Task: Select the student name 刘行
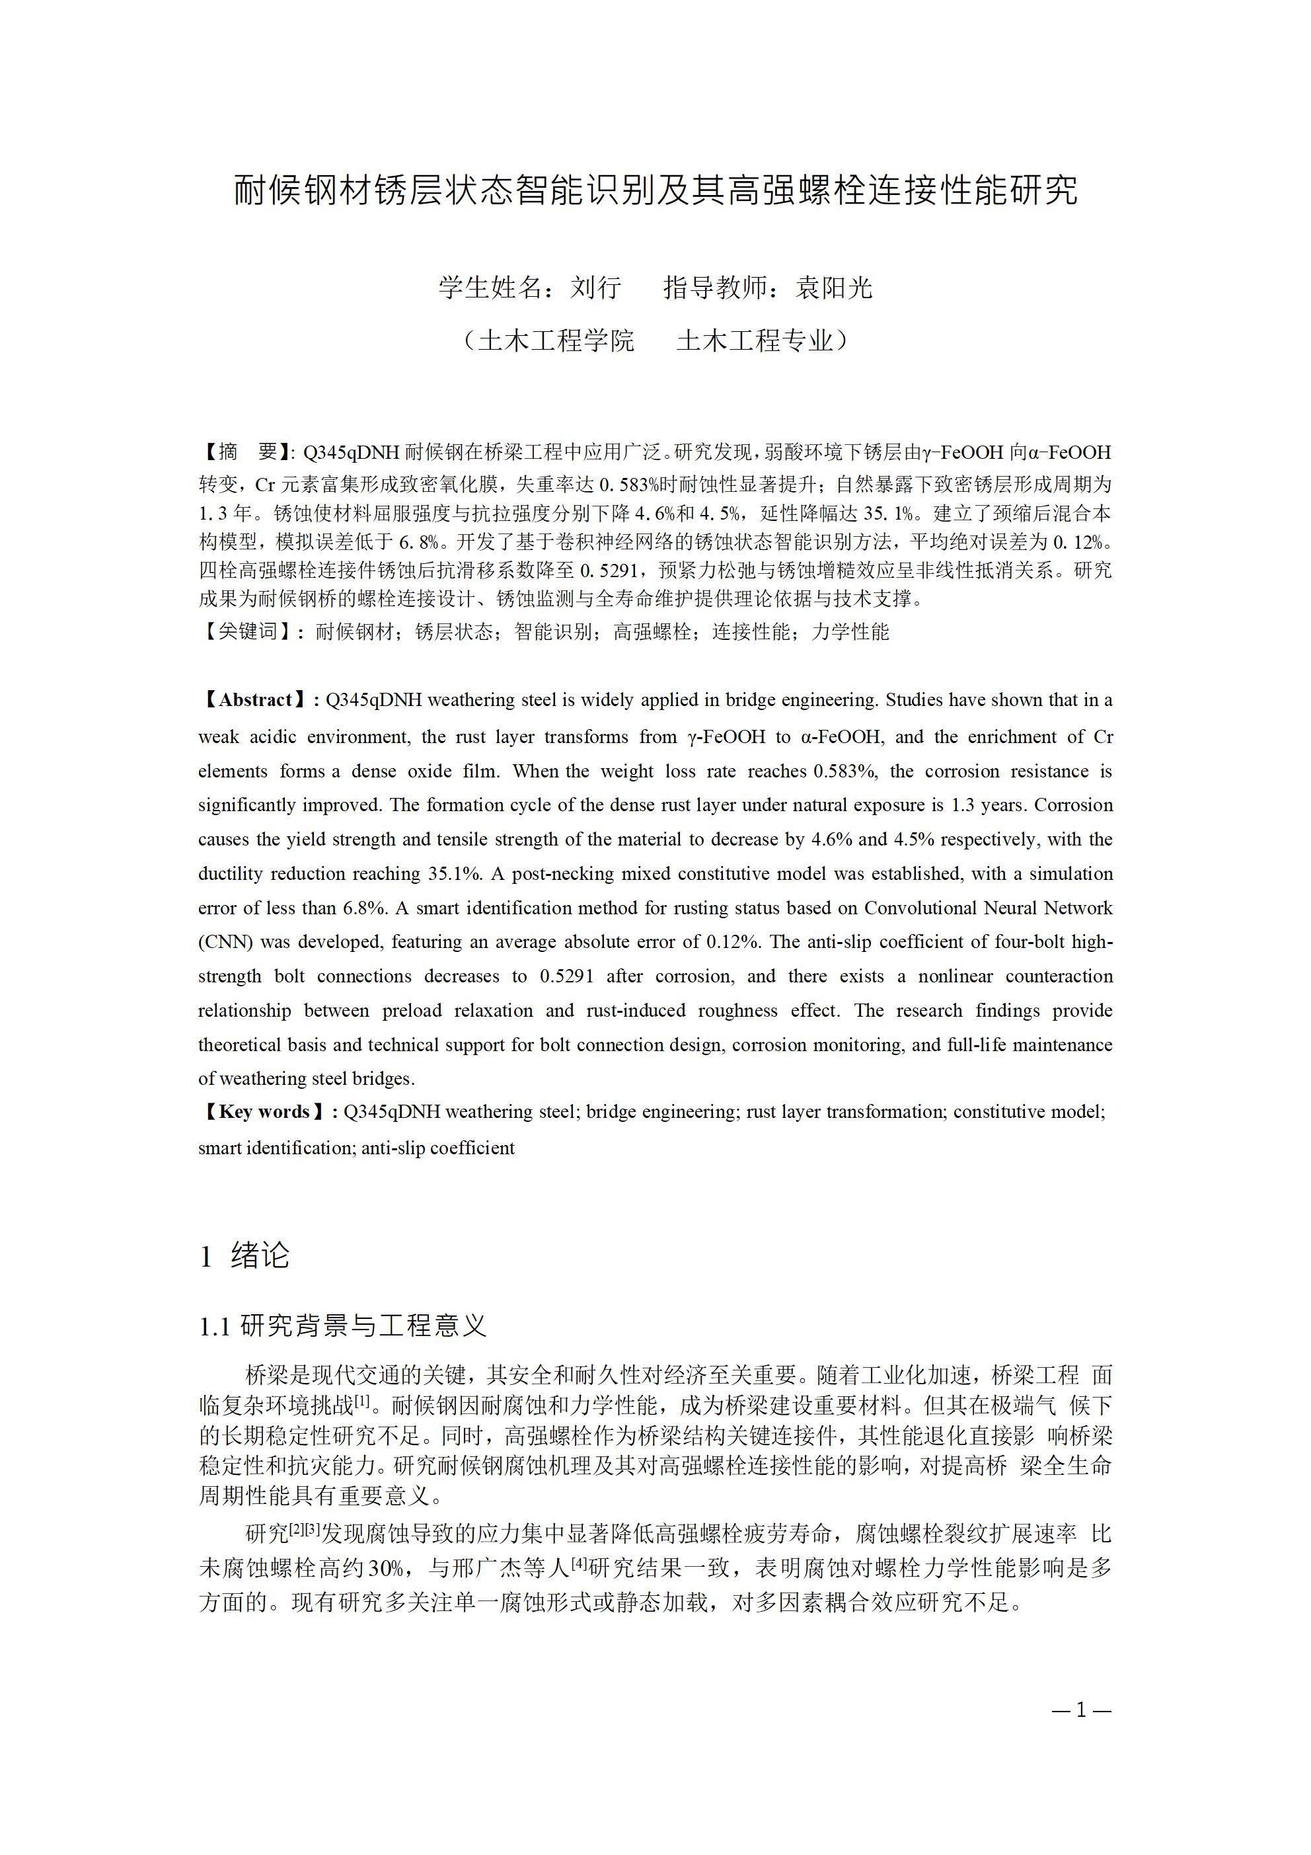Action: (595, 288)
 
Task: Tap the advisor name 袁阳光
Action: (834, 288)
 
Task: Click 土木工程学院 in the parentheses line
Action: (556, 341)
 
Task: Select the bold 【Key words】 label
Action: (264, 1112)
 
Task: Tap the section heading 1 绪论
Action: (244, 1255)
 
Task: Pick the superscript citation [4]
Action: (579, 1563)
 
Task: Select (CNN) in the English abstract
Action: (226, 942)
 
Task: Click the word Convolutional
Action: (919, 908)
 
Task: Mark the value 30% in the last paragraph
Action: (385, 1569)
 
